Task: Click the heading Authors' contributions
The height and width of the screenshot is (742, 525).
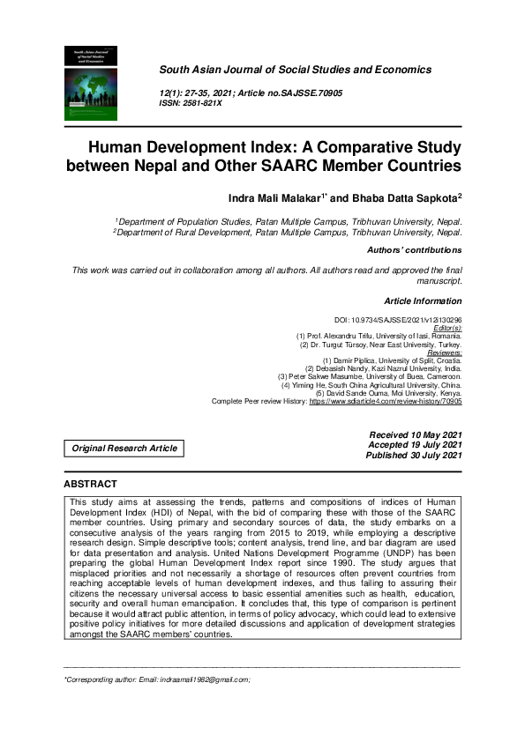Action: coord(414,250)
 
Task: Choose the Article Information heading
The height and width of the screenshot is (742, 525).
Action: coord(423,301)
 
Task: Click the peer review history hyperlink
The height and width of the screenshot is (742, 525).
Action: coord(385,401)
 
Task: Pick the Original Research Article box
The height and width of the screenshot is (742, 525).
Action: coord(124,448)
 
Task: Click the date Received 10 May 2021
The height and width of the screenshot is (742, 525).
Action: coord(415,435)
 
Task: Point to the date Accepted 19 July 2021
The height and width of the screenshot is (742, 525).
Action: coord(415,445)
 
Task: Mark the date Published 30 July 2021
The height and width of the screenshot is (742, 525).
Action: coord(414,455)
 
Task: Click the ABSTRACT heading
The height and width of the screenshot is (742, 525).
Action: coord(90,484)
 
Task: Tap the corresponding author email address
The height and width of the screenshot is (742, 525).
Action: coord(199,679)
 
